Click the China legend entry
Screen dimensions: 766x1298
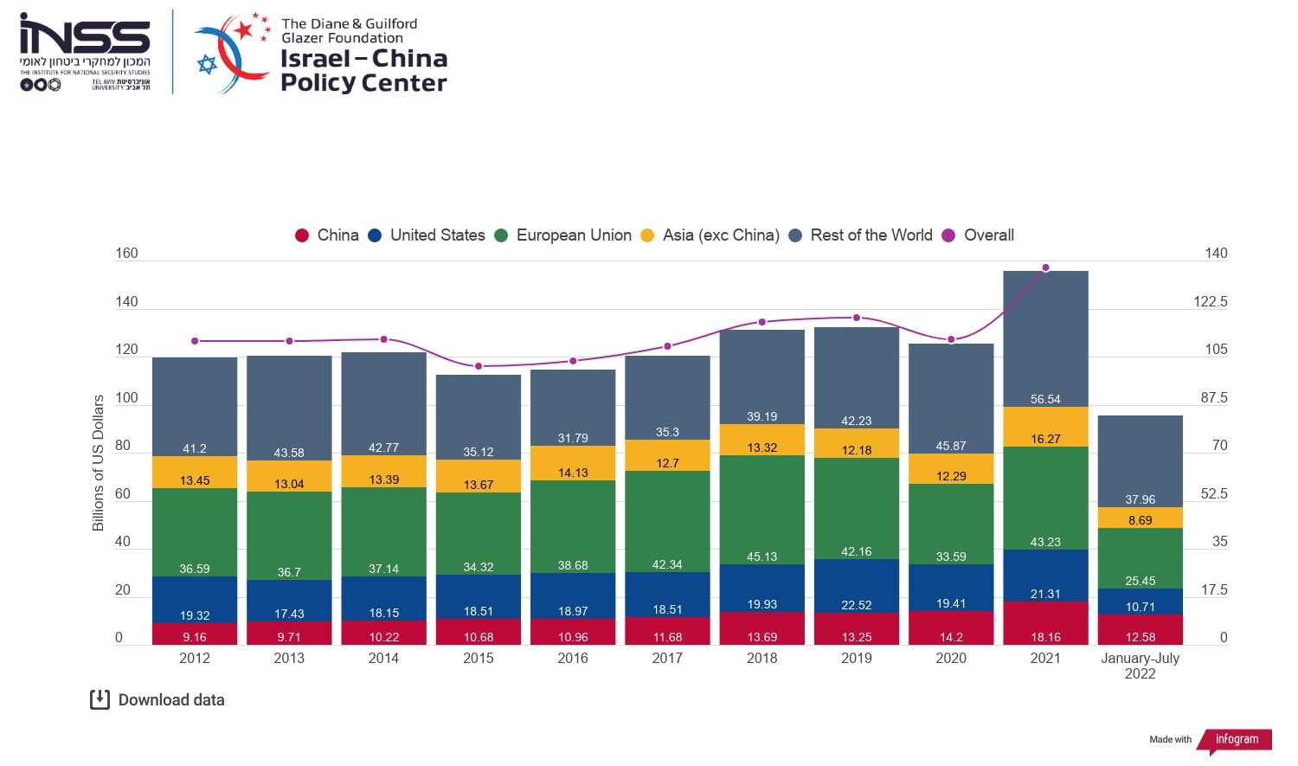(x=327, y=235)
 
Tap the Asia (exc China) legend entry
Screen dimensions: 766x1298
(x=710, y=235)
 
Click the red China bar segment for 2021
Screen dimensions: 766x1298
(x=1045, y=623)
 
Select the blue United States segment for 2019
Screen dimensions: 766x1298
(x=856, y=586)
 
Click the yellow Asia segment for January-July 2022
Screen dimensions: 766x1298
(x=1140, y=518)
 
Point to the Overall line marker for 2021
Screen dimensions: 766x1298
(x=1045, y=267)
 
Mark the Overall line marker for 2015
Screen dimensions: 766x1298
(x=479, y=366)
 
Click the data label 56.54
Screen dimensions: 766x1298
(x=1045, y=399)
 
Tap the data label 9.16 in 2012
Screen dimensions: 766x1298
(x=195, y=637)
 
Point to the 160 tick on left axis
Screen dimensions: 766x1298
(x=126, y=254)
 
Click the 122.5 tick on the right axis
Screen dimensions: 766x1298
(x=1210, y=301)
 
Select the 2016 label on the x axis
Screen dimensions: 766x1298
(x=573, y=658)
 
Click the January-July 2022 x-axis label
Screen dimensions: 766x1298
(x=1140, y=666)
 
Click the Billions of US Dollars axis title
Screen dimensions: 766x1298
(x=98, y=463)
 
